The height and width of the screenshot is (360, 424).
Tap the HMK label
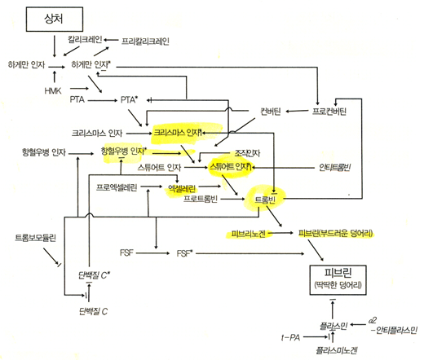[x=53, y=90]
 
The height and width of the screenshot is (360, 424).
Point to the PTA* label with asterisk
[x=129, y=101]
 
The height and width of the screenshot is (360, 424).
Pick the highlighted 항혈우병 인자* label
[x=123, y=151]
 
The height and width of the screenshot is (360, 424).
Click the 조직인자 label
[x=236, y=151]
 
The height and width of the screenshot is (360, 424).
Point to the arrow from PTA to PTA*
[x=104, y=101]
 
